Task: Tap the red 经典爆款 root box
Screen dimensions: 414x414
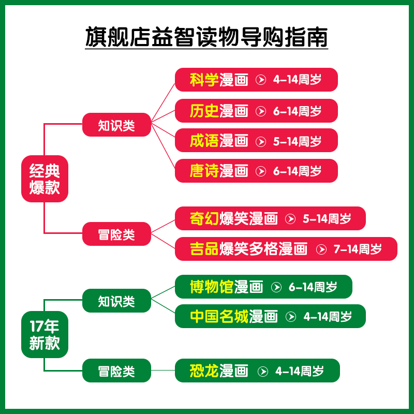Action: [x=45, y=179]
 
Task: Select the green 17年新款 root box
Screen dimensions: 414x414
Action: [x=45, y=334]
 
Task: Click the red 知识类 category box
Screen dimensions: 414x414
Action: [x=116, y=125]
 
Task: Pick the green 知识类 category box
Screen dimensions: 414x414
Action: [x=116, y=301]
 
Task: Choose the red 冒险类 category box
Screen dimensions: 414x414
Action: [x=116, y=234]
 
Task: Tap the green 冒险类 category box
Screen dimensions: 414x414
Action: [x=116, y=371]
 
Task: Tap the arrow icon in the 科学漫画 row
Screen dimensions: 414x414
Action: [x=261, y=80]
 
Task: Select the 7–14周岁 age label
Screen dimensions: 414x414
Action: [x=358, y=249]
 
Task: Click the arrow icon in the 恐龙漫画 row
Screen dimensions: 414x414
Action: [x=263, y=371]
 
